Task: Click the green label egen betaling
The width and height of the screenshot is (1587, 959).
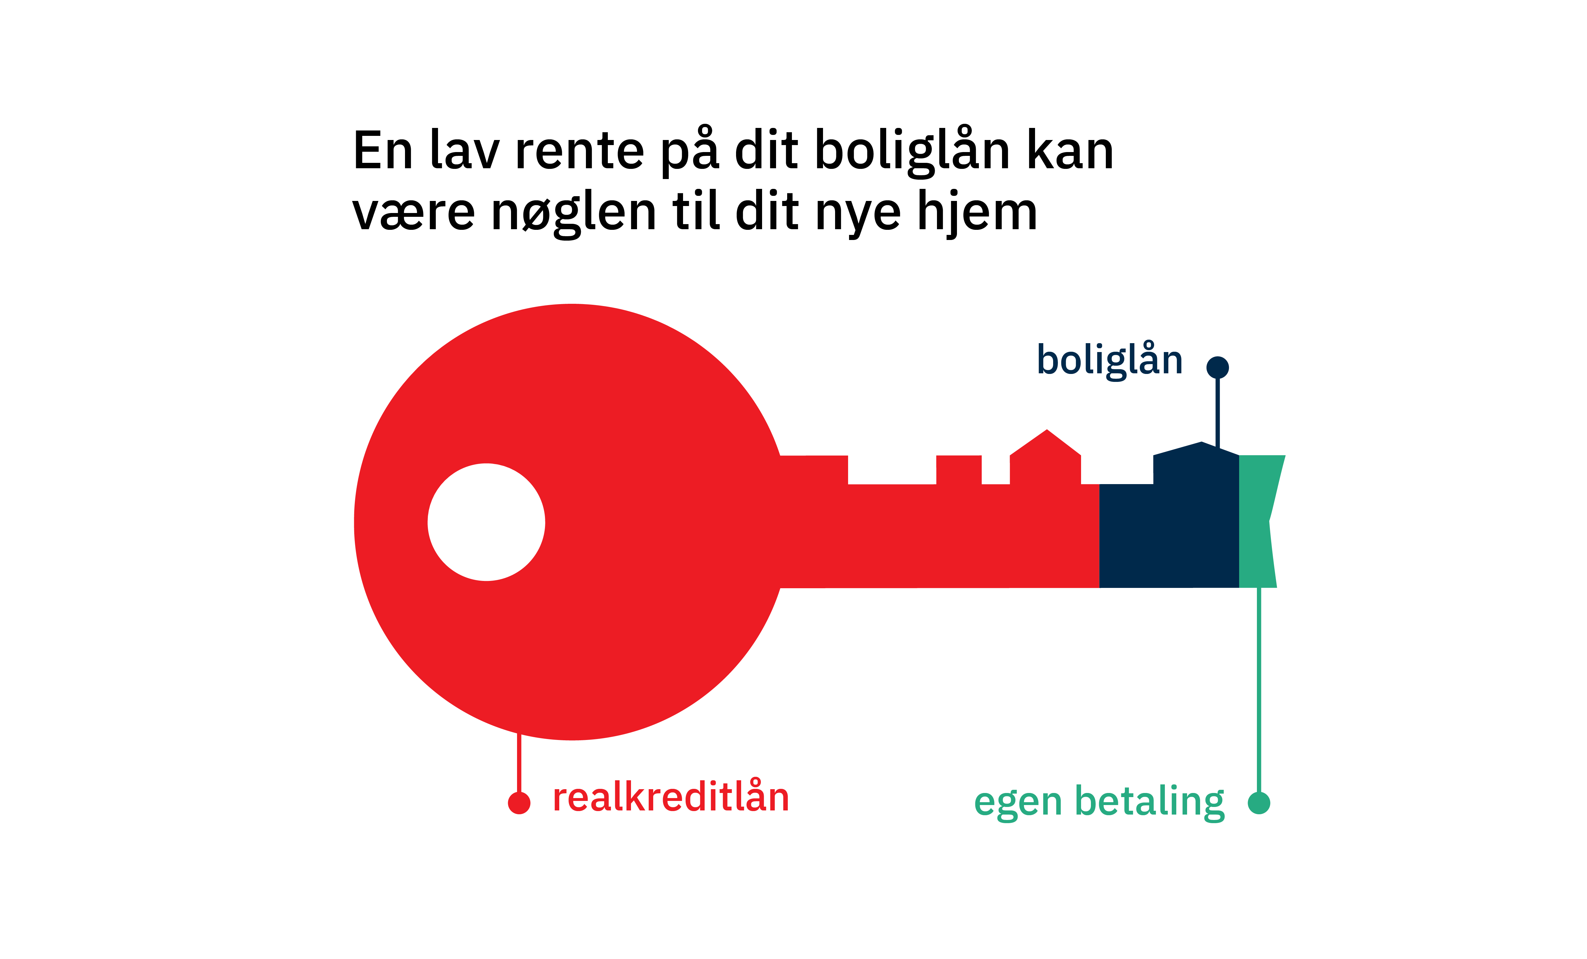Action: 1099,802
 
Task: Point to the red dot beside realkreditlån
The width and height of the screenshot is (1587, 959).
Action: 519,802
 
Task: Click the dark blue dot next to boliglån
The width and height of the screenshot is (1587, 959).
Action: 1217,367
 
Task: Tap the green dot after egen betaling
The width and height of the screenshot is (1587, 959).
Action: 1259,802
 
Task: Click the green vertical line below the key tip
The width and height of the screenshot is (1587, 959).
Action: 1259,689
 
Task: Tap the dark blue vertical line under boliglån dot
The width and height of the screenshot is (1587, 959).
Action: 1217,412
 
